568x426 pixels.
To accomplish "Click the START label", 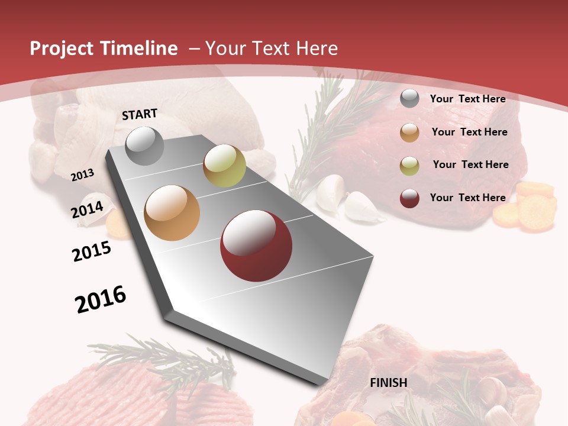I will coord(140,114).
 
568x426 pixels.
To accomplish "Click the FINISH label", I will coord(389,383).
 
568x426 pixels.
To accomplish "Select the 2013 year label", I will coord(82,175).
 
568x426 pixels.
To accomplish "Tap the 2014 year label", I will coord(87,209).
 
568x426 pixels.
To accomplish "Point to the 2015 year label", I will coord(92,251).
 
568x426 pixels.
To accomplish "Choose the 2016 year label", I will coord(101,299).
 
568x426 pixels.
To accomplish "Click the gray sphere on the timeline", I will coord(144,146).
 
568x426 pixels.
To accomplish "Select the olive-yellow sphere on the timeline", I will coord(224,166).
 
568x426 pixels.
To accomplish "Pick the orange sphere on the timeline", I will coord(172,213).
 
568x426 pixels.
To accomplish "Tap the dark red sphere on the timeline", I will coord(256,246).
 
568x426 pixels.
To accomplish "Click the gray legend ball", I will coord(409,99).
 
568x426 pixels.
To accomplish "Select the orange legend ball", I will coord(409,133).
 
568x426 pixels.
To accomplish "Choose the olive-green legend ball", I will coord(409,166).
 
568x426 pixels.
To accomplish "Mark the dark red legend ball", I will coord(409,198).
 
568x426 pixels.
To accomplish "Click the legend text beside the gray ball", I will coord(468,99).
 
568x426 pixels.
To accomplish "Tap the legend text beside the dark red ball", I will coord(468,198).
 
